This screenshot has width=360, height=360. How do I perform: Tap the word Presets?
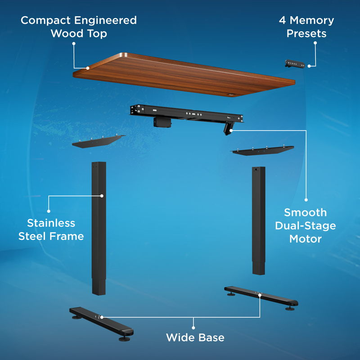click(306, 34)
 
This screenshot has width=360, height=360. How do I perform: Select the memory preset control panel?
click(295, 64)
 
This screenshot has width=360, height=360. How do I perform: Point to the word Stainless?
click(51, 223)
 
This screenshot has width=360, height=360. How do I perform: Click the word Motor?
click(306, 238)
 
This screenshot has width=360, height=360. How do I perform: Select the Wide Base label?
click(195, 337)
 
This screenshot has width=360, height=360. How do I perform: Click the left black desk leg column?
click(99, 225)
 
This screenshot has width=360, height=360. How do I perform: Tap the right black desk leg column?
click(259, 220)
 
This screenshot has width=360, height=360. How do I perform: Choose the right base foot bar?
click(261, 297)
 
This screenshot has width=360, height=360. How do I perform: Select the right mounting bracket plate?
click(263, 150)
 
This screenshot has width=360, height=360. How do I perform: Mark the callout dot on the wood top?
click(88, 68)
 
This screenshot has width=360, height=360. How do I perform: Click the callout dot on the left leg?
click(102, 196)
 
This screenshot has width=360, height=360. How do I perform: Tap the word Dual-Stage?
click(306, 225)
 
